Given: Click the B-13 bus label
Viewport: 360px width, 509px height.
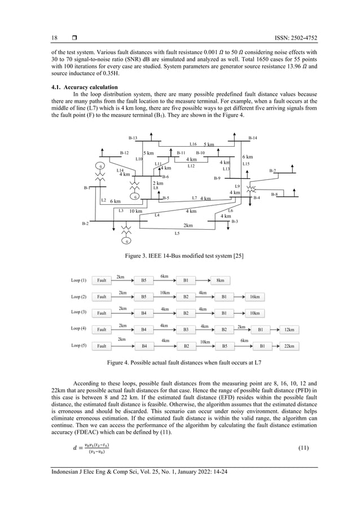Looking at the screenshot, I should [133, 138].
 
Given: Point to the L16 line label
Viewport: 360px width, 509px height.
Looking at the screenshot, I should [193, 144].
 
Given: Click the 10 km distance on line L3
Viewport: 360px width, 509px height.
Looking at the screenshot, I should [135, 211].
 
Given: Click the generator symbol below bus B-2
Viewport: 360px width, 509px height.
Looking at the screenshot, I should [128, 241].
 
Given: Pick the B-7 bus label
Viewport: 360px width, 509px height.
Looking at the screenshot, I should [273, 170].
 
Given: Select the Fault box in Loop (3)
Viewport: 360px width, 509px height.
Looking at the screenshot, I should [102, 312].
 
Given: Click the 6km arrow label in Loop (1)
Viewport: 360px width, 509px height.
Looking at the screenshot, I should [164, 276].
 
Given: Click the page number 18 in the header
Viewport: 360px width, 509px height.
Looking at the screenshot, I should [55, 38].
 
